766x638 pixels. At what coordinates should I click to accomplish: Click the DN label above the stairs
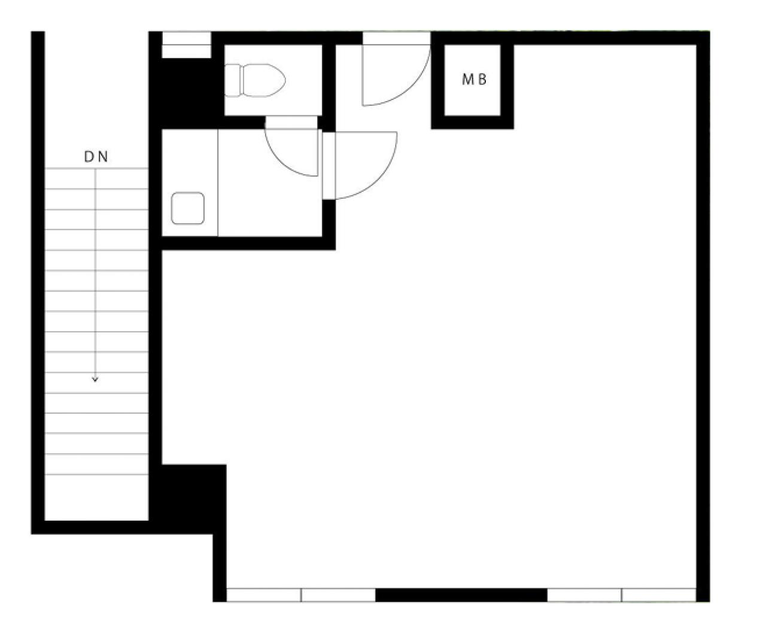tap(96, 157)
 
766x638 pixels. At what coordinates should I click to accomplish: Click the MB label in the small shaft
tap(474, 79)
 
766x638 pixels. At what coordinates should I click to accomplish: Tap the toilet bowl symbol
tap(264, 80)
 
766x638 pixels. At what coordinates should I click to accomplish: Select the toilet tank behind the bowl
tap(232, 80)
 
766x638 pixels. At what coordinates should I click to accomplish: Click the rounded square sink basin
tap(188, 208)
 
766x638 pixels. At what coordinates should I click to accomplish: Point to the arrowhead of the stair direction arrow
tap(95, 379)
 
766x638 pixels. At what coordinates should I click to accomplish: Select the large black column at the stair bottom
tap(187, 499)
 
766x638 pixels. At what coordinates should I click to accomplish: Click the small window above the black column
tap(186, 45)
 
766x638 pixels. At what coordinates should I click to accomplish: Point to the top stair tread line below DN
tap(96, 168)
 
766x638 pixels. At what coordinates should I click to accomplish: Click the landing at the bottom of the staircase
tap(96, 497)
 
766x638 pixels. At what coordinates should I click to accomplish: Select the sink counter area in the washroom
tap(190, 183)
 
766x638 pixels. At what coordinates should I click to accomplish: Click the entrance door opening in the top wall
tap(397, 38)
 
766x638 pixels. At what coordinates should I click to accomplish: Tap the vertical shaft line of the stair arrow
tap(95, 275)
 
